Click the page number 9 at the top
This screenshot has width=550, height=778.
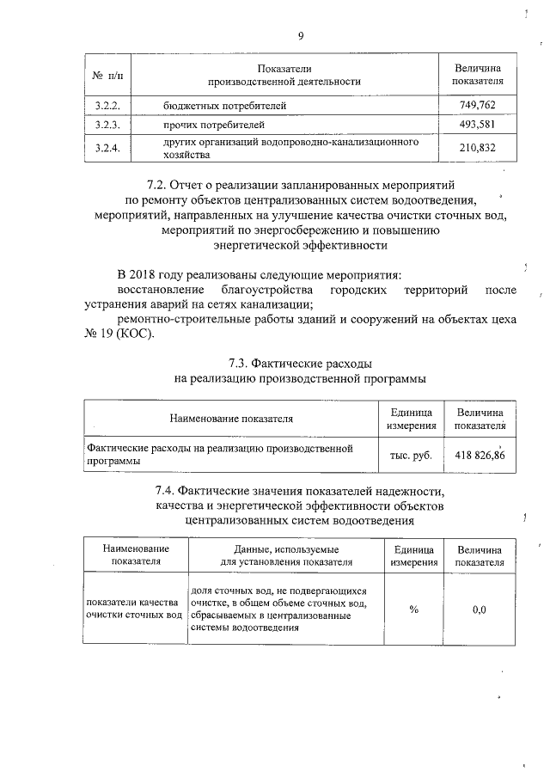[x=301, y=35]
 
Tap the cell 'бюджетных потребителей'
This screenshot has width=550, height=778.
[x=224, y=106]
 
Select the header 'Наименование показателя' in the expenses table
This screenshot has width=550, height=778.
[x=231, y=419]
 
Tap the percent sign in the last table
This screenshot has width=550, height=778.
[x=413, y=610]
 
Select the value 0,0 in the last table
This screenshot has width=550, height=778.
[x=480, y=610]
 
